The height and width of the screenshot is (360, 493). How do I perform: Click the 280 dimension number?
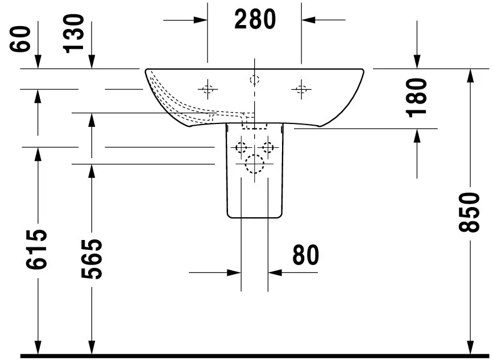pos(255,19)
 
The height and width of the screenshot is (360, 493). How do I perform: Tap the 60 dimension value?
pos(20,39)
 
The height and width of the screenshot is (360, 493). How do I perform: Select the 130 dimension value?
pos(73,34)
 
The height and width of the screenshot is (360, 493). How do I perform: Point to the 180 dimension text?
pos(417,98)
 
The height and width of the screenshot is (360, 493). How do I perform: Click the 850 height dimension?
pos(469,213)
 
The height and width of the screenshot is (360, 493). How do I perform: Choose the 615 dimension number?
pos(36,249)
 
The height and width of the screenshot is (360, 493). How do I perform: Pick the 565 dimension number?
pos(92,259)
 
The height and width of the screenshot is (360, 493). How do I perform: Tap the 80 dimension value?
pos(305,255)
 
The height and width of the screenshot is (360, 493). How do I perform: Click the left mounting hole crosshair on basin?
pos(208,89)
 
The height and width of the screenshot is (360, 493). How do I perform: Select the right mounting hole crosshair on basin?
pos(301,90)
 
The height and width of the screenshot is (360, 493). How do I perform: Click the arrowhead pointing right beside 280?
pos(200,20)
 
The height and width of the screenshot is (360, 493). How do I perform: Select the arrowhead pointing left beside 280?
pos(308,20)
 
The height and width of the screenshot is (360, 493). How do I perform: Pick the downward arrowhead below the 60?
pos(38,61)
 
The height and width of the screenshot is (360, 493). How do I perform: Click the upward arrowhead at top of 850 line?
pos(470,76)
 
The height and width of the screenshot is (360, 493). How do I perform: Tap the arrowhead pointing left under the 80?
pos(275,272)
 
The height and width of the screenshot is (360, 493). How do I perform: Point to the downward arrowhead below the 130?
pos(92,61)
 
